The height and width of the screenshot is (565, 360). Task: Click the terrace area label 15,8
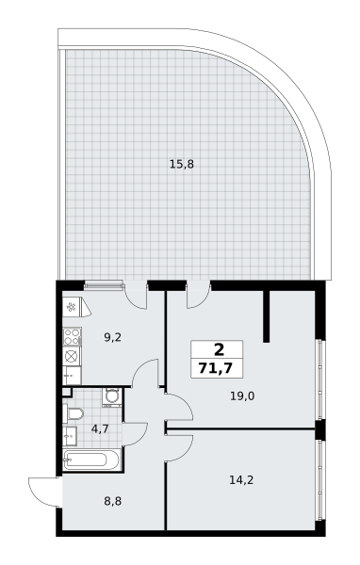pos(182,164)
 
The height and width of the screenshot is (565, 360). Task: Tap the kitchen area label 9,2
pos(112,337)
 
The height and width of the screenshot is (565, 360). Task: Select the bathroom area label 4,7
pos(100,428)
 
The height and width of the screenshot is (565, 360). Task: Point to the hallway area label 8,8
pos(112,501)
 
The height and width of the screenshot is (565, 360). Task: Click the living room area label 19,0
pos(242,396)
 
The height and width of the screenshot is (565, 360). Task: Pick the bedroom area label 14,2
pos(241,479)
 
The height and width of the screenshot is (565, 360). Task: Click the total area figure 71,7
pos(217,368)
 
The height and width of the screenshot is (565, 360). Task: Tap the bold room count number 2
pos(219,349)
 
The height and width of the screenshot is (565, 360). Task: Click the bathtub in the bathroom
pos(91,460)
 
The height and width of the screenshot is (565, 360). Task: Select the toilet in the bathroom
pos(74,413)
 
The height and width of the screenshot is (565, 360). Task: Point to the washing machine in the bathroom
pos(112,397)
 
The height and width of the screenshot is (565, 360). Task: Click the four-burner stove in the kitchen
pos(72,336)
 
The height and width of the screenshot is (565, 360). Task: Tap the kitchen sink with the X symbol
pos(72,356)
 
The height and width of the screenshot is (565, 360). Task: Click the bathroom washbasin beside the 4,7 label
pos(70,436)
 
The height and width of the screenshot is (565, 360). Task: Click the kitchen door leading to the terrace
pos(136,297)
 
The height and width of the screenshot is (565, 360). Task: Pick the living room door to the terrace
pos(198,296)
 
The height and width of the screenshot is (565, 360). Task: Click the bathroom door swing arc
pos(136,434)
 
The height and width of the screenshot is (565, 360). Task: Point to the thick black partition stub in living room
pos(267,316)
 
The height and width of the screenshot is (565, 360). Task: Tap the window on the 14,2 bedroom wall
pos(319,480)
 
